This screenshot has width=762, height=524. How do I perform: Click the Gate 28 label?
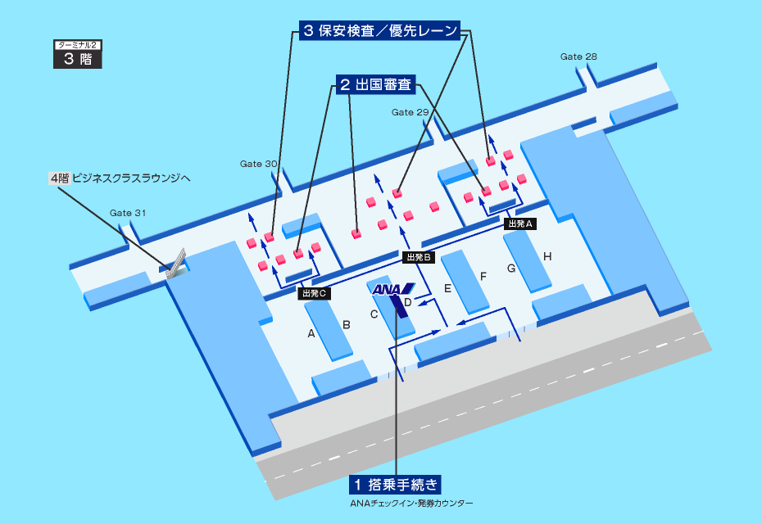[578, 56]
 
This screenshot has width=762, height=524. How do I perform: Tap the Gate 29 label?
[410, 112]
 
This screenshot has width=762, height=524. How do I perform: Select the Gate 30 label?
[259, 164]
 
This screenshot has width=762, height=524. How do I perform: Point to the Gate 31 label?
[128, 213]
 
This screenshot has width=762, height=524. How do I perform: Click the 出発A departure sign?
[520, 223]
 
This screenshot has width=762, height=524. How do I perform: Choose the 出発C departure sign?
[315, 292]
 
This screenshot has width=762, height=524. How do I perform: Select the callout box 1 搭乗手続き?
[397, 484]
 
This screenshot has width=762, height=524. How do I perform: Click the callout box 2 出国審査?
[375, 84]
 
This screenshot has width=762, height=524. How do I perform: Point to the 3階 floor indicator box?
[78, 55]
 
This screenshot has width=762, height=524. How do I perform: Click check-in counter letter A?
[311, 333]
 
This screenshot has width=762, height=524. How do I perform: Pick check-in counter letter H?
[547, 257]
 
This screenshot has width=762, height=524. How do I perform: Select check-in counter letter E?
[447, 288]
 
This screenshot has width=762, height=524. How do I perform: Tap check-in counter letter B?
[347, 325]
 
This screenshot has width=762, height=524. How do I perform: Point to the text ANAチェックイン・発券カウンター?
[412, 503]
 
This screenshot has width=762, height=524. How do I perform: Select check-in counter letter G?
[510, 268]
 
